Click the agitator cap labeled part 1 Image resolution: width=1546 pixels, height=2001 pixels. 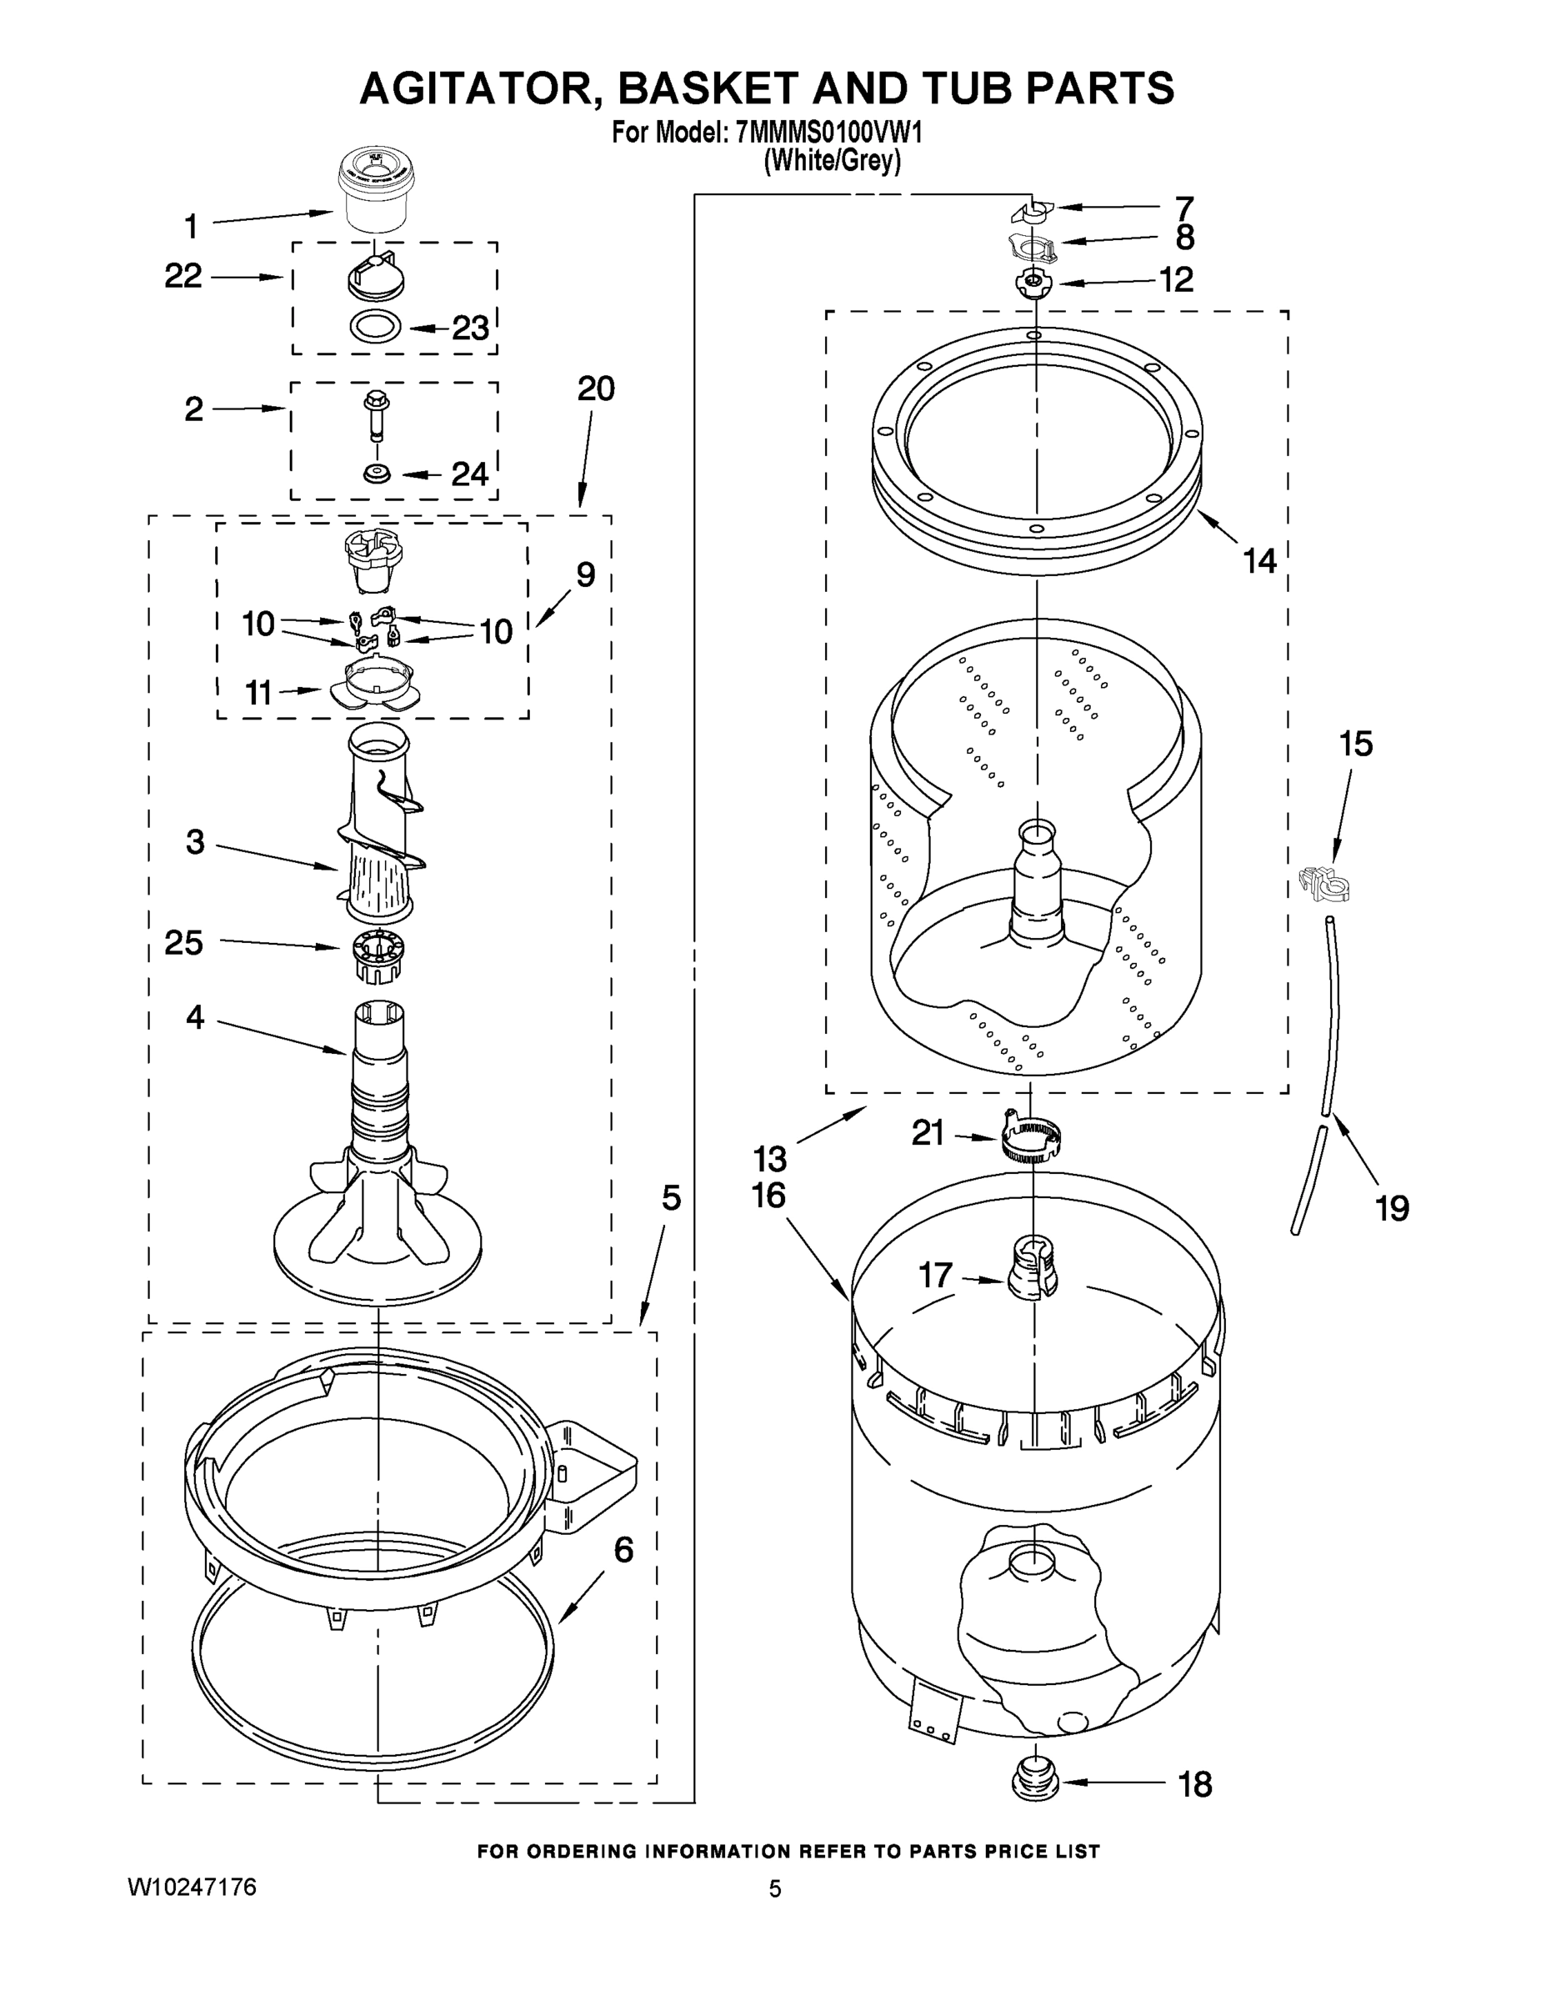coord(376,193)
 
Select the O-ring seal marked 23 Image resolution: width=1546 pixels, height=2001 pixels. coord(377,326)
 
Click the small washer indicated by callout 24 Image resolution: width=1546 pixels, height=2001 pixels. coord(376,474)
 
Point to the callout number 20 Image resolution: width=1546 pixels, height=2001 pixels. coord(595,389)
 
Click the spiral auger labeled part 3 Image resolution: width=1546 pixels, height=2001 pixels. coord(379,825)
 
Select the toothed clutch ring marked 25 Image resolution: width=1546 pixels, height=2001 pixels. coord(378,955)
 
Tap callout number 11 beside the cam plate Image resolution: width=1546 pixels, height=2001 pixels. coord(258,694)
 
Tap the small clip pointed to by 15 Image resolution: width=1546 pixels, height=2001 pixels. coord(1324,883)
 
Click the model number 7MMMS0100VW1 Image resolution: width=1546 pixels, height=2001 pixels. coord(829,133)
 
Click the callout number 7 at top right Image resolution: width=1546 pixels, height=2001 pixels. coord(1184,207)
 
